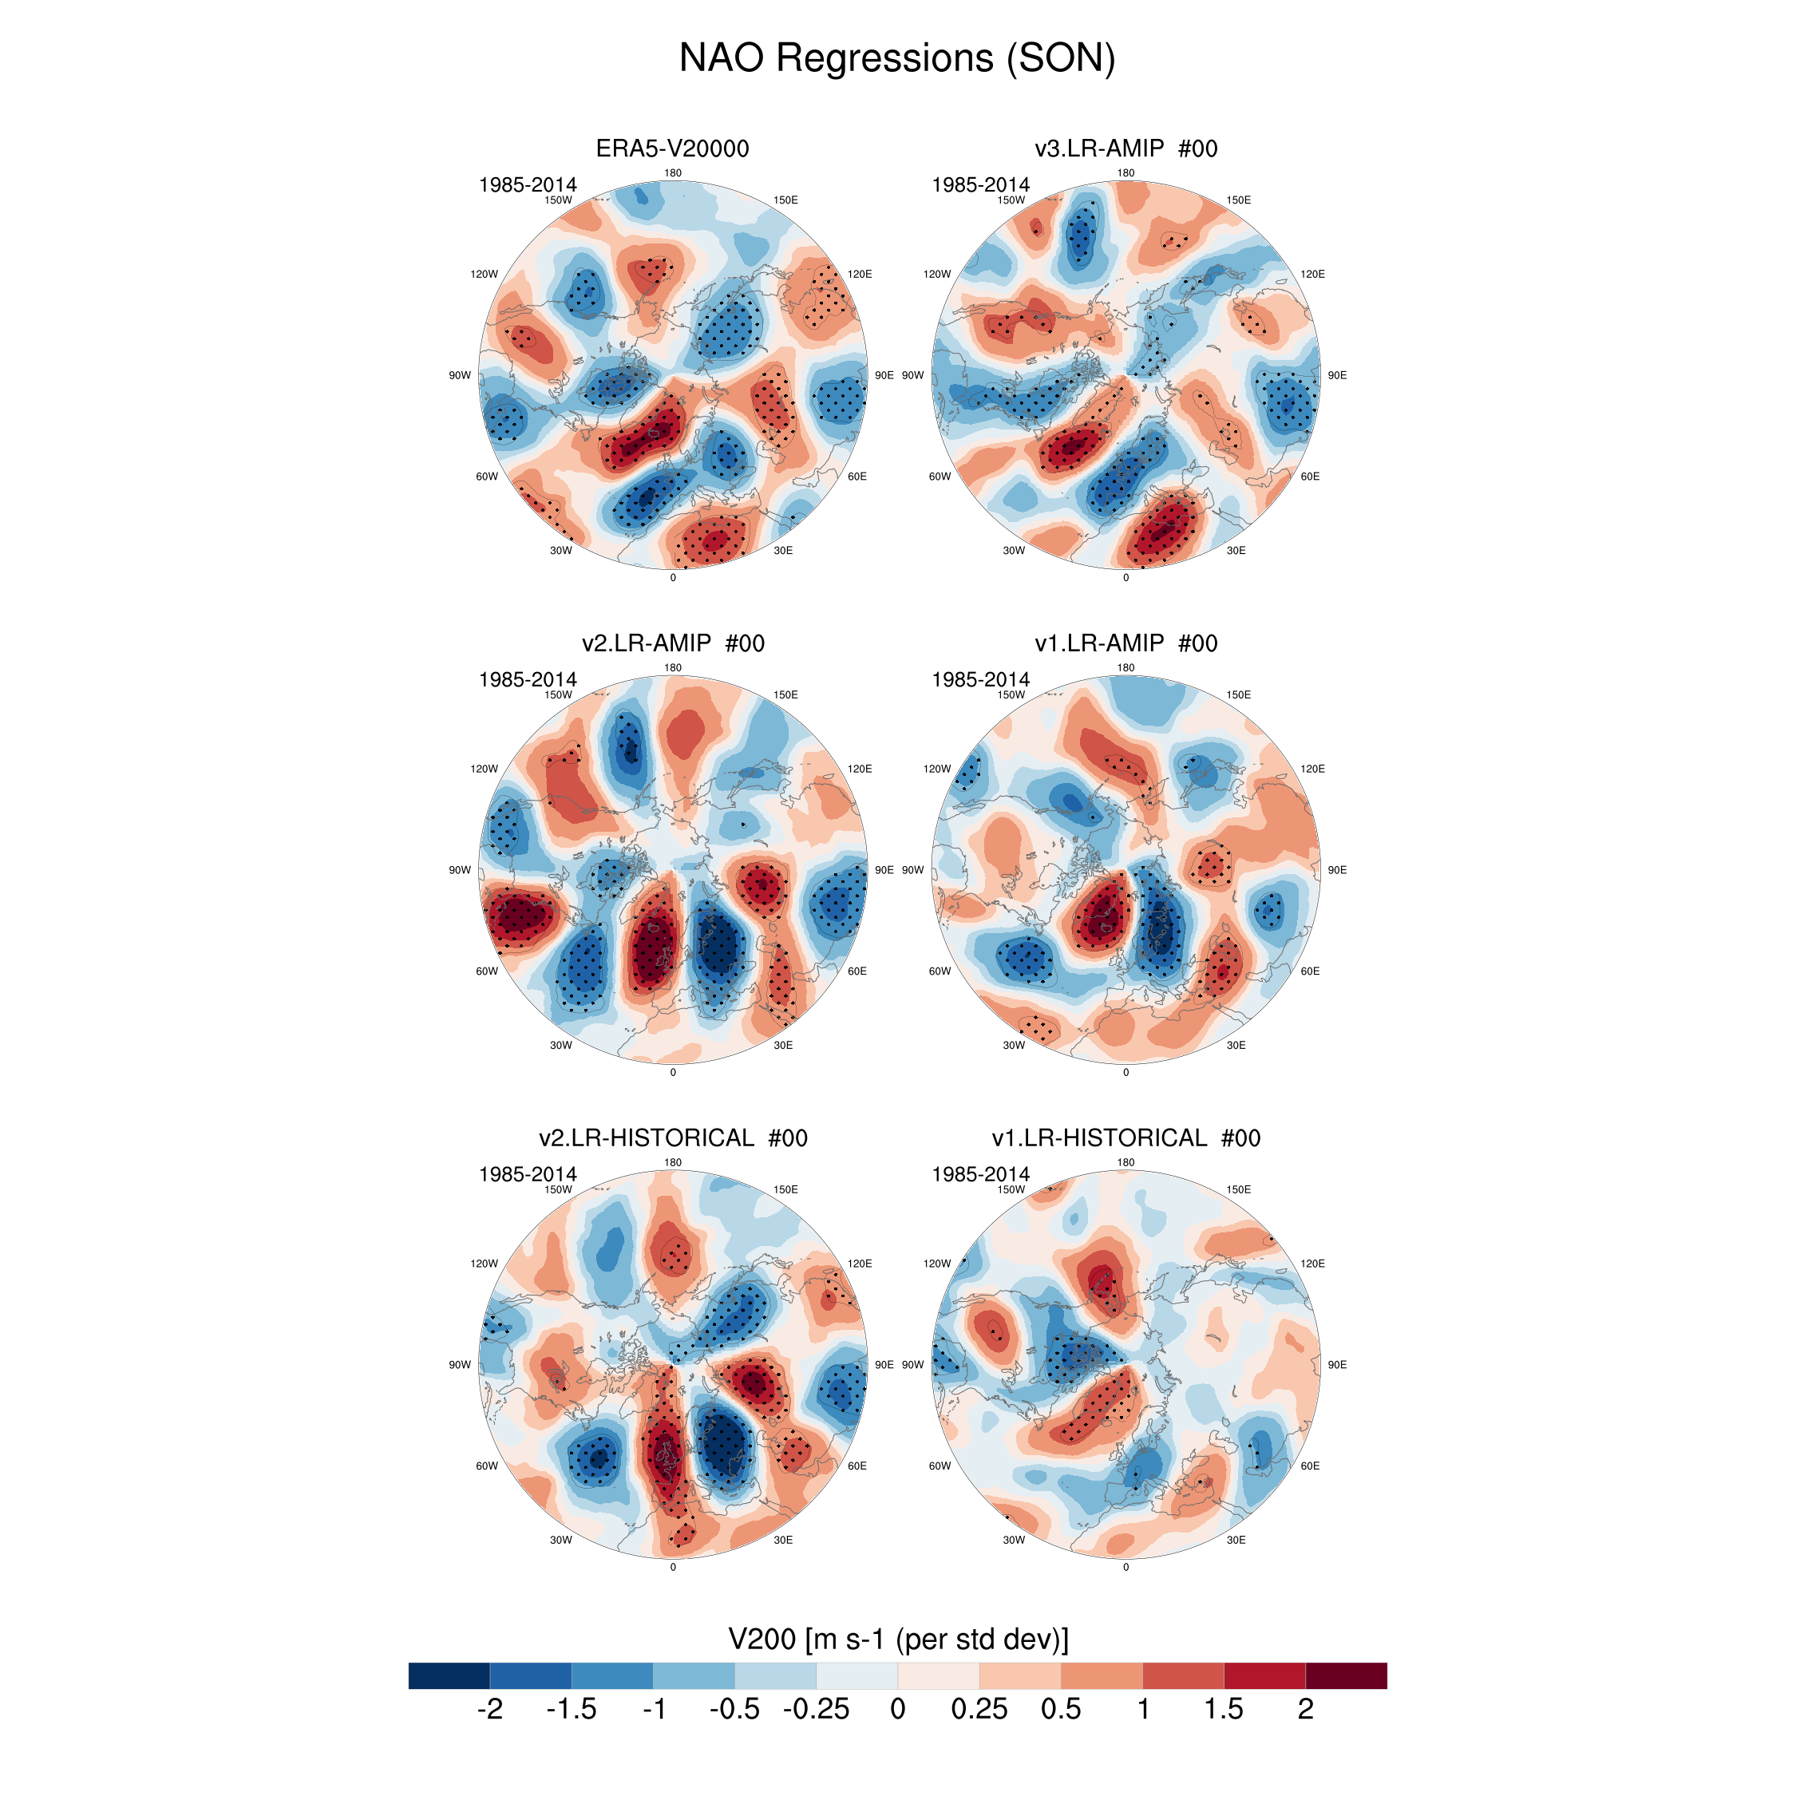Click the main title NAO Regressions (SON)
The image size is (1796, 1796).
pyautogui.click(x=897, y=57)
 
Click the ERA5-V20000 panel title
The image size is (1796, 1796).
pyautogui.click(x=672, y=148)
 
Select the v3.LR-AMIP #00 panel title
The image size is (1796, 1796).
pyautogui.click(x=1125, y=148)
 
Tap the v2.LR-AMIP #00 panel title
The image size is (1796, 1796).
pyautogui.click(x=672, y=643)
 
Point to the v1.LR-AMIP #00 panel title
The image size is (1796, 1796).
pyautogui.click(x=1125, y=643)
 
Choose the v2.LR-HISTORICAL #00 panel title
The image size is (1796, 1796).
pyautogui.click(x=672, y=1137)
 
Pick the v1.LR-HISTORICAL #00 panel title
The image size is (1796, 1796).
pyautogui.click(x=1125, y=1137)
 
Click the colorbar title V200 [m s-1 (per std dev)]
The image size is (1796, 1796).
pyautogui.click(x=898, y=1639)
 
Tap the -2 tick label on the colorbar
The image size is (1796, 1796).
pyautogui.click(x=489, y=1710)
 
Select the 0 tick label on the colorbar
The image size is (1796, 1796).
pyautogui.click(x=897, y=1710)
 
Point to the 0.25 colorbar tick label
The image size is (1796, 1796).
pyautogui.click(x=979, y=1710)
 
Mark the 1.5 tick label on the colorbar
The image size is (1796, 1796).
pyautogui.click(x=1224, y=1710)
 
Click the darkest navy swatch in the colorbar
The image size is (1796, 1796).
pyautogui.click(x=449, y=1675)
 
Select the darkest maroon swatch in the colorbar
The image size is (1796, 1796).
pyautogui.click(x=1346, y=1675)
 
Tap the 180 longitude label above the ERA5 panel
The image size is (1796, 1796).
pyautogui.click(x=673, y=173)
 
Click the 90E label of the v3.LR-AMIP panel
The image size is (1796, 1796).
pyautogui.click(x=1337, y=375)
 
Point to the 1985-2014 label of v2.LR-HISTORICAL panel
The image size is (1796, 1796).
pyautogui.click(x=527, y=1174)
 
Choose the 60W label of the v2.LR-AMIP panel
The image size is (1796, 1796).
pyautogui.click(x=486, y=971)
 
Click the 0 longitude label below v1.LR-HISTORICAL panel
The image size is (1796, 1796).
pyautogui.click(x=1125, y=1568)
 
